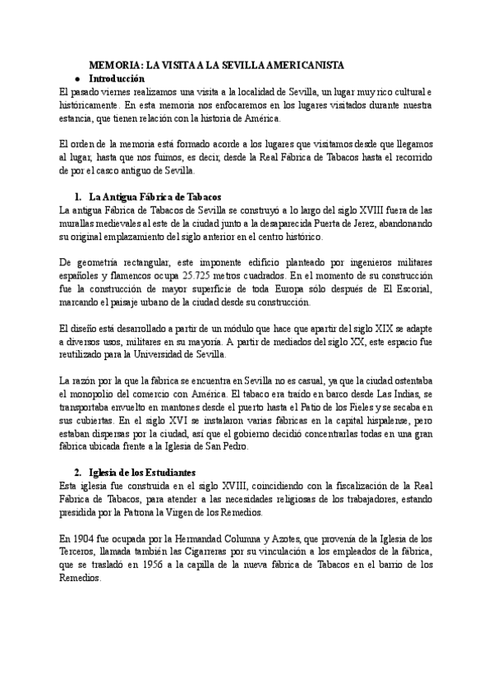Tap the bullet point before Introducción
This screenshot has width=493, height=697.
[78, 76]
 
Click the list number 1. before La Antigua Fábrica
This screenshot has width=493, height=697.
[78, 196]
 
